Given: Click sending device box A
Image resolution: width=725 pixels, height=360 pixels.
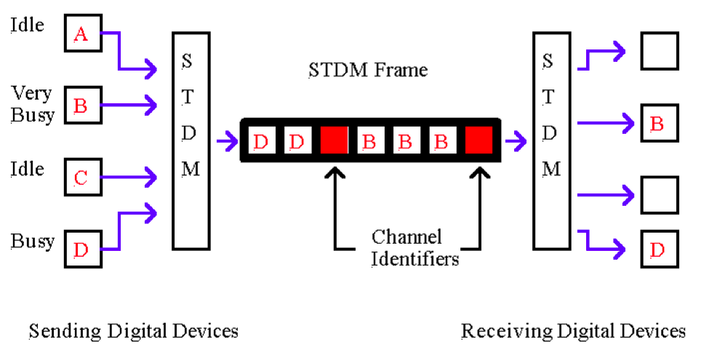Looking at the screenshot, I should click(x=81, y=33).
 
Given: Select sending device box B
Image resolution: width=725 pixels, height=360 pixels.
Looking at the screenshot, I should click(x=81, y=105).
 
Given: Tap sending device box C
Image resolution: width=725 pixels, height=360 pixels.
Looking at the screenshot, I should click(x=81, y=177).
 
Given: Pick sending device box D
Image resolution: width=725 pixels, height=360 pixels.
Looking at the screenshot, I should click(x=81, y=249).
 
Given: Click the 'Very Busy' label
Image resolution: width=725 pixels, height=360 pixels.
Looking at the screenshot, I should click(x=33, y=105).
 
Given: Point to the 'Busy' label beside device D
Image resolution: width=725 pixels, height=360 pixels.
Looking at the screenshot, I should click(x=33, y=241).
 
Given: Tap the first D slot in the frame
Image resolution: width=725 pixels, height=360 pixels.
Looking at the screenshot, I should click(x=261, y=140).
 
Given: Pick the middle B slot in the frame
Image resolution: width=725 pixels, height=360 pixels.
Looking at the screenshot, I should click(x=405, y=140).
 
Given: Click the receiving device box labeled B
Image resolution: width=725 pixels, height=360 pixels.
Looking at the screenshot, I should click(x=658, y=123).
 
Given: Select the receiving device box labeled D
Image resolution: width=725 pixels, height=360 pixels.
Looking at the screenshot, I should click(x=658, y=249).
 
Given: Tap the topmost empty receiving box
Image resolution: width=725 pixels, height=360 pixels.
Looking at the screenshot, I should click(x=658, y=51).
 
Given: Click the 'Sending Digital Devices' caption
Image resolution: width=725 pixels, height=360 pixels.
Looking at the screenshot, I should click(x=133, y=332).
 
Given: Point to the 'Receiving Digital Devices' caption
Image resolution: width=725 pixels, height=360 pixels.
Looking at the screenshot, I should click(x=573, y=332).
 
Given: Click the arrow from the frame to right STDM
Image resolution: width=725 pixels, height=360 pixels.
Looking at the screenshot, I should click(x=517, y=140).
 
